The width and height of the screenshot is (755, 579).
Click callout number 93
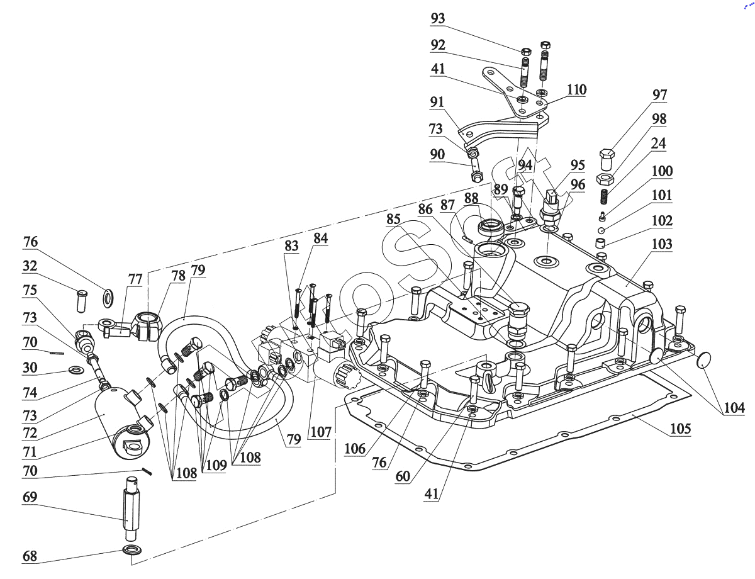tap(438, 19)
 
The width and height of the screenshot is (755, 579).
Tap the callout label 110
tap(576, 90)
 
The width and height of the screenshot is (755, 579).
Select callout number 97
tap(660, 96)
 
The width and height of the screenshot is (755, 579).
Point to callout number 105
tap(680, 429)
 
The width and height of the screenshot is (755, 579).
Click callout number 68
tap(30, 556)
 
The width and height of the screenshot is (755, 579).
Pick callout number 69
tap(30, 497)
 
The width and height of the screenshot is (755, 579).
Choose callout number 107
tap(320, 433)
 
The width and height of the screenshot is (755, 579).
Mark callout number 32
tap(30, 266)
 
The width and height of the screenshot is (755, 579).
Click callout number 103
tap(662, 244)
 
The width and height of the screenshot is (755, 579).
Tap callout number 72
tap(30, 434)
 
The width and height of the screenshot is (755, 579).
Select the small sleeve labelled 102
tap(602, 244)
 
